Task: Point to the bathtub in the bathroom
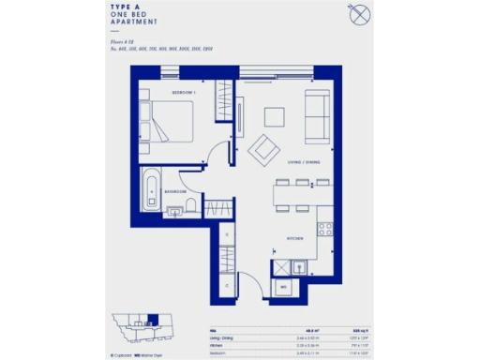[x=153, y=191]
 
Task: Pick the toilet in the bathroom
[x=189, y=205]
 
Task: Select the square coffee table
[x=274, y=116]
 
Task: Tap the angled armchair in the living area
[x=263, y=146]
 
